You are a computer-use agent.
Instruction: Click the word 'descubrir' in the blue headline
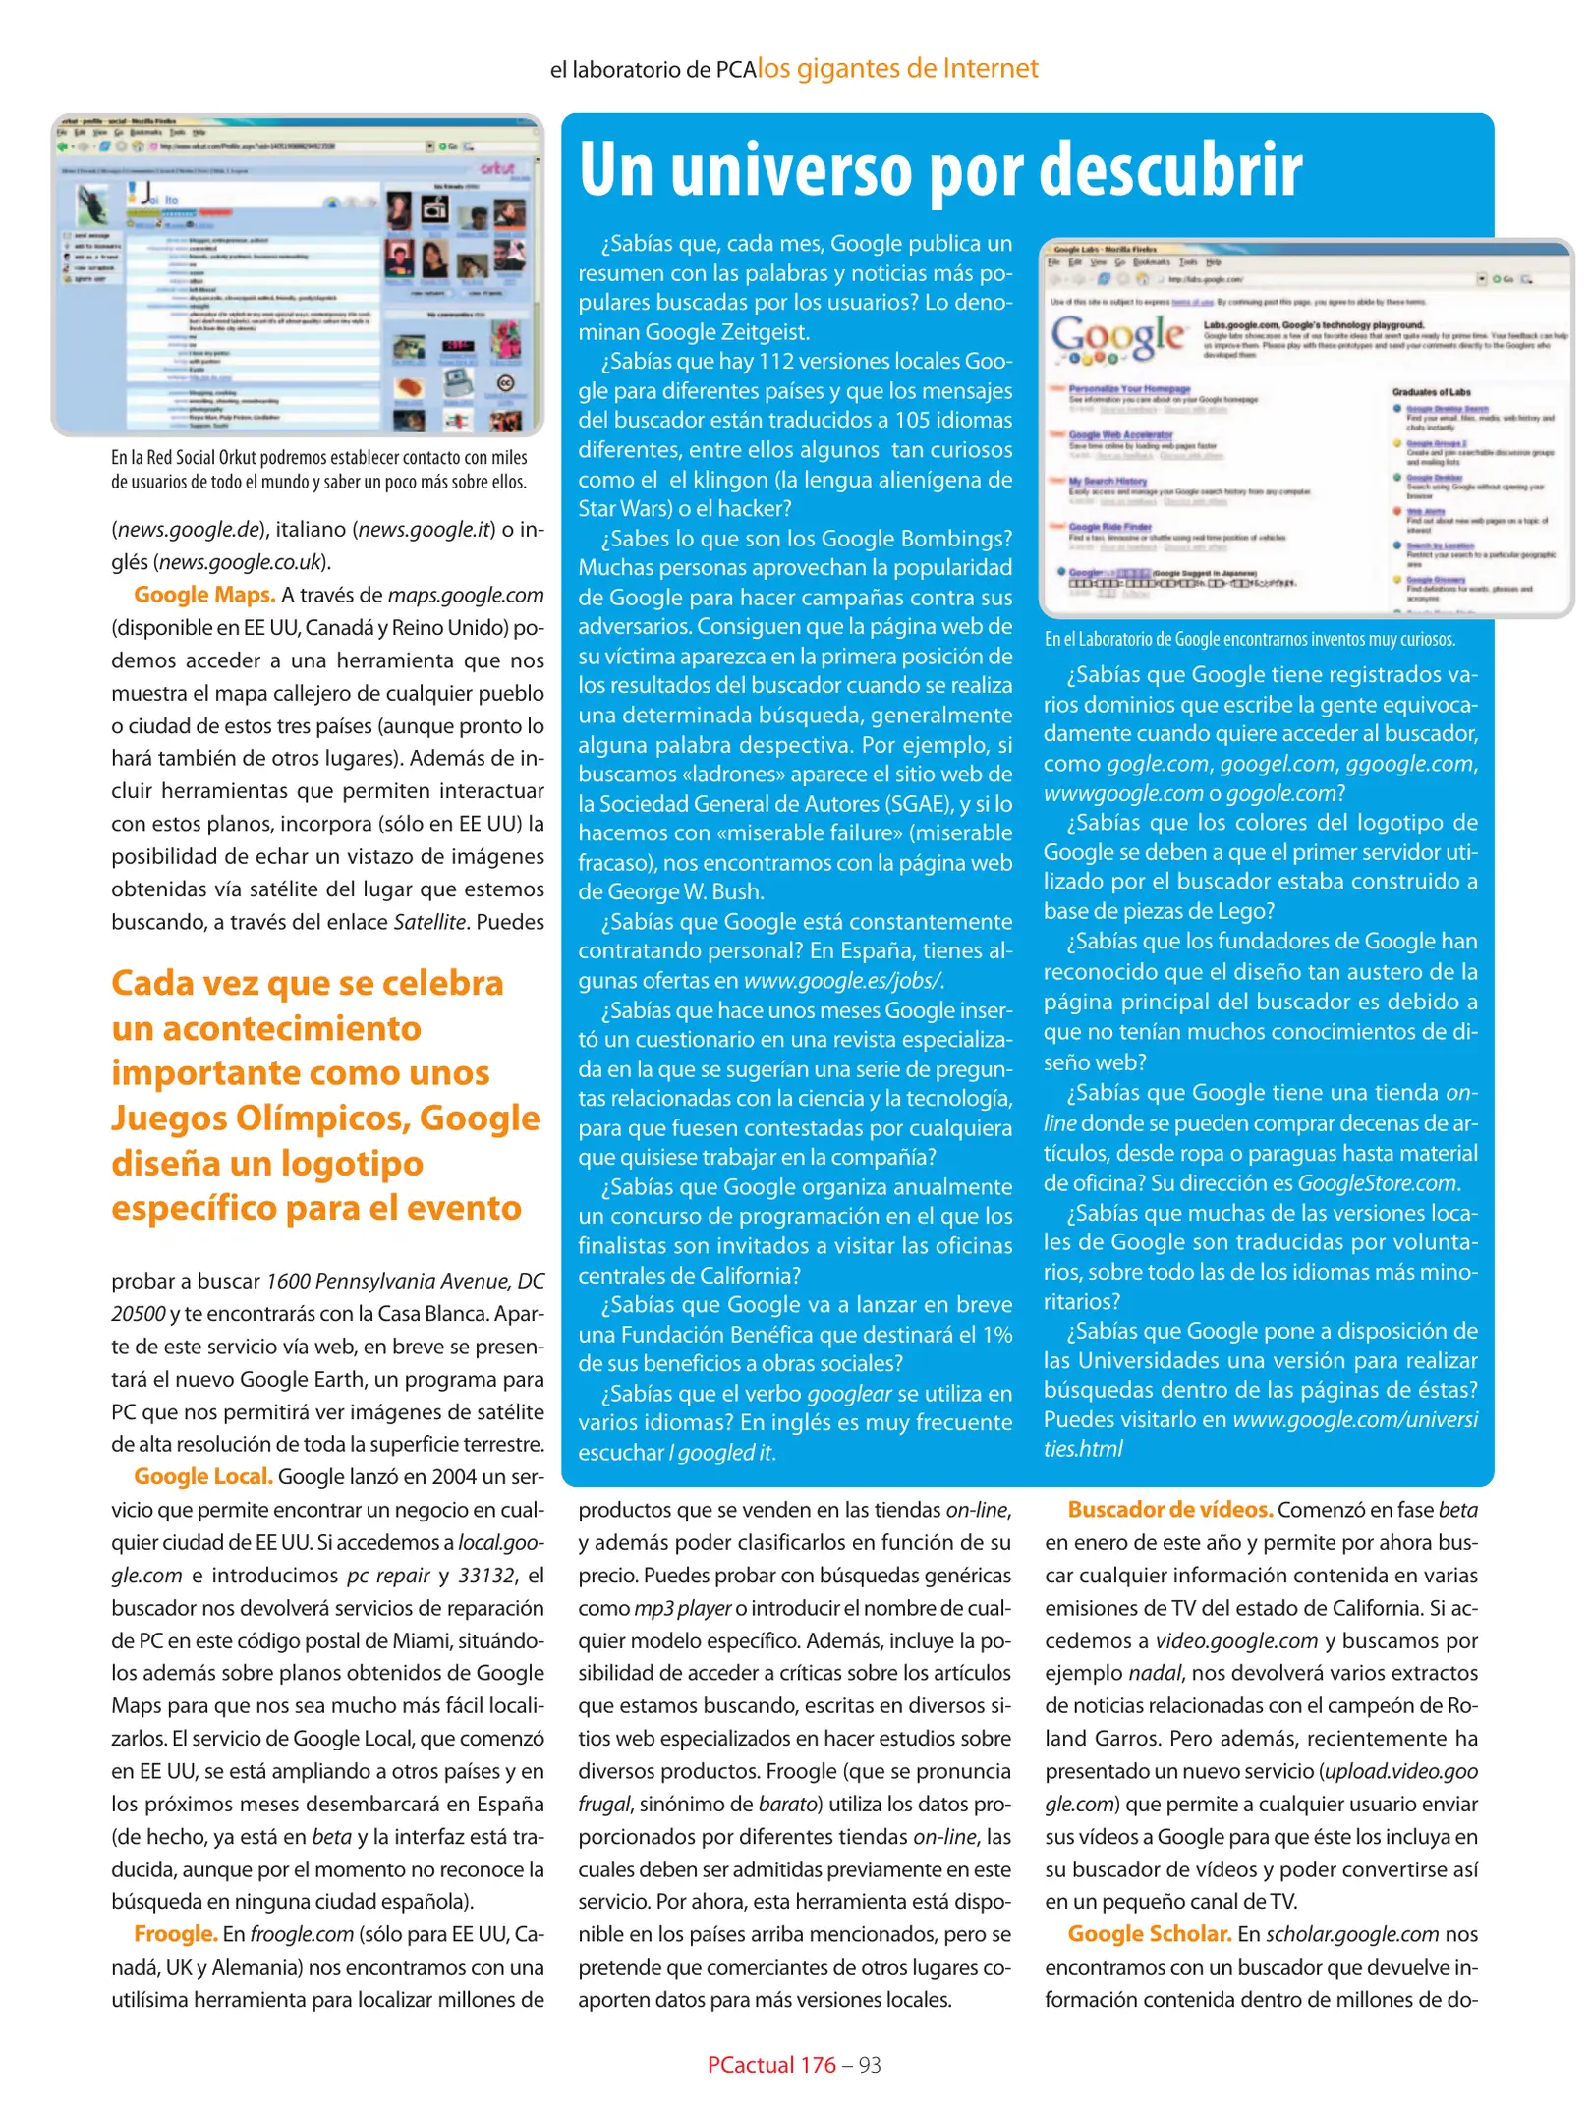coord(1169,169)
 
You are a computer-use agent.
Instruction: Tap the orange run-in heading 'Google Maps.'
coord(204,595)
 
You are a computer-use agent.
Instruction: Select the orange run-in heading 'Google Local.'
coord(202,1476)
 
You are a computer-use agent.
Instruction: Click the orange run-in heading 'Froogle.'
coord(175,1933)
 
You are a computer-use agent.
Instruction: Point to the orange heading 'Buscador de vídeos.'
coord(1169,1509)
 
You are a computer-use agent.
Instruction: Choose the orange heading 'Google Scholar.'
coord(1149,1933)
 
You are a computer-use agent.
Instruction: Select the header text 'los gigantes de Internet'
coord(897,68)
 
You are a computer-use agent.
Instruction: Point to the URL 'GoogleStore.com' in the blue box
coord(1377,1182)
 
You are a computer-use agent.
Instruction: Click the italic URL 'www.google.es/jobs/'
coord(842,980)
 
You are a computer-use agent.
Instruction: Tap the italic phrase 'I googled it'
coord(721,1452)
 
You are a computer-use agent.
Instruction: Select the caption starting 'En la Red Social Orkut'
coord(318,469)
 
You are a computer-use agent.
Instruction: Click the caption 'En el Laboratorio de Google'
coord(1249,639)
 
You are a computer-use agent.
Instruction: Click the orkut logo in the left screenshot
coord(498,168)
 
